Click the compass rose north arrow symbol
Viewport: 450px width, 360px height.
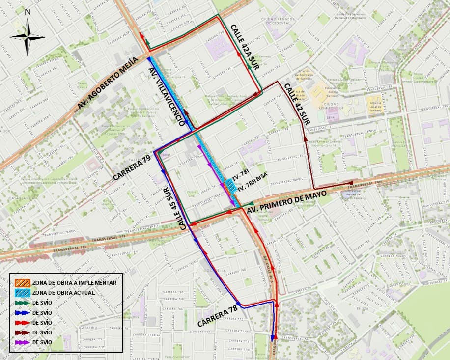click(28, 37)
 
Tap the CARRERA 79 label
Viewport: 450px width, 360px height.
click(132, 167)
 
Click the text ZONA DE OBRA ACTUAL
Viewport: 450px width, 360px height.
click(63, 293)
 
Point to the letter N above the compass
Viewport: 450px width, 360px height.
click(28, 12)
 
